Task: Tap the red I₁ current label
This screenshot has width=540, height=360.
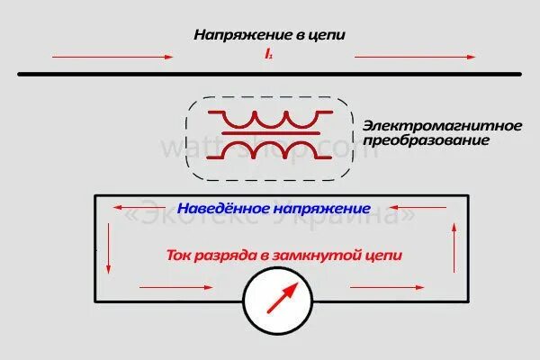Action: [268, 56]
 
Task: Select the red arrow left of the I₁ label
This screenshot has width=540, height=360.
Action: [112, 56]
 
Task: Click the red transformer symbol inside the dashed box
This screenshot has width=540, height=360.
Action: [269, 130]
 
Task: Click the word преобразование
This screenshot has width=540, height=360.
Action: [418, 141]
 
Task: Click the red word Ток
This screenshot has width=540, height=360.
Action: [180, 255]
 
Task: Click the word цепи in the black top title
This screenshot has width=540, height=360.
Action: [328, 35]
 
